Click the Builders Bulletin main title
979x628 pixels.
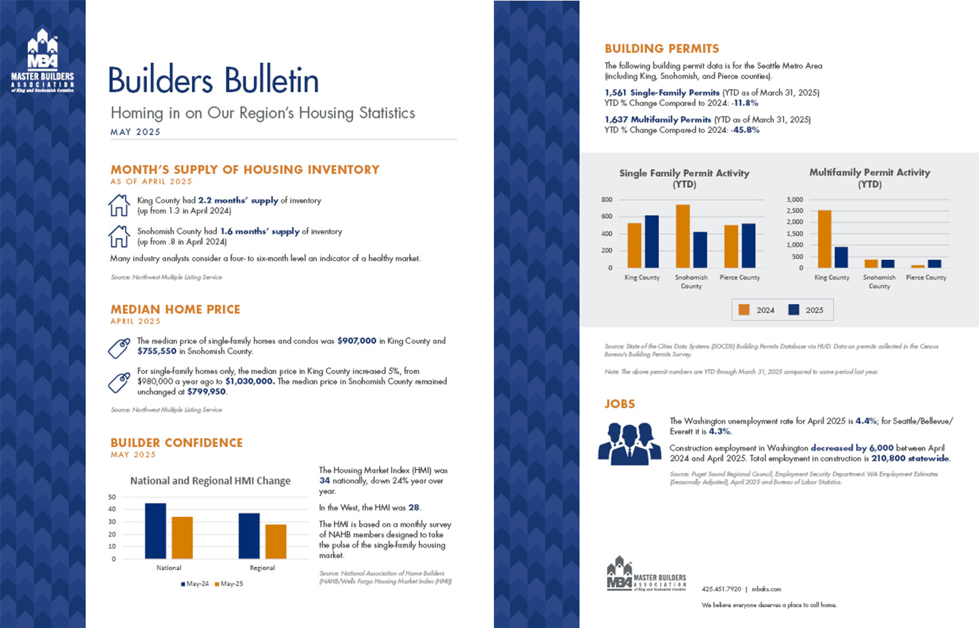213,80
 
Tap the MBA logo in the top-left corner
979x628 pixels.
43,60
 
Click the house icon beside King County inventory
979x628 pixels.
119,205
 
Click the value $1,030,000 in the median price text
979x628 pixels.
250,381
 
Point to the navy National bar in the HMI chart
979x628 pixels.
156,531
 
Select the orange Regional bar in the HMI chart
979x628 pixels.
276,541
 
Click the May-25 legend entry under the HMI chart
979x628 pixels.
229,584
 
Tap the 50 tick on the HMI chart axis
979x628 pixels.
112,497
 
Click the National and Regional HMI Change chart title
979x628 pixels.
210,481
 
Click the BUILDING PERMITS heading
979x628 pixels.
661,49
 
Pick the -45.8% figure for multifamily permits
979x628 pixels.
746,130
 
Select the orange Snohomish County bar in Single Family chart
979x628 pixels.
683,236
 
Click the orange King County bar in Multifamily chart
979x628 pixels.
825,239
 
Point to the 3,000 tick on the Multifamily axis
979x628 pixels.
794,200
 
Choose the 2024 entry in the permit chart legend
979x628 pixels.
757,310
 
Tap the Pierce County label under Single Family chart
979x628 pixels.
740,278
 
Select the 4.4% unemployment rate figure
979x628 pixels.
866,421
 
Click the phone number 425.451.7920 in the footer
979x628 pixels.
721,589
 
